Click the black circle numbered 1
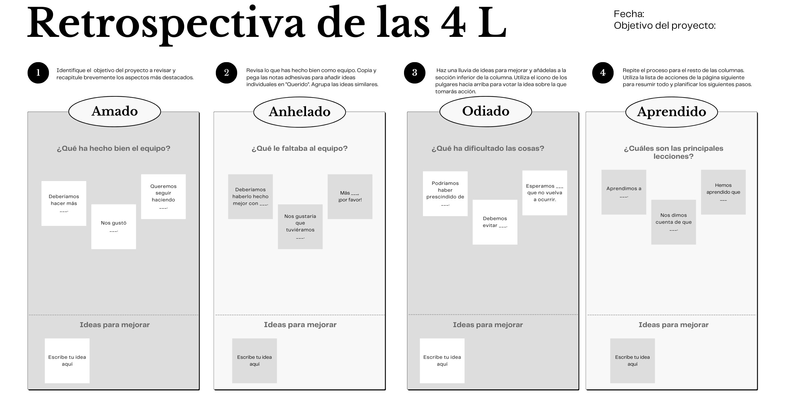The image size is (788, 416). tap(38, 73)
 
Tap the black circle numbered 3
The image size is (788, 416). tap(414, 73)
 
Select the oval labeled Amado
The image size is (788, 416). tap(115, 111)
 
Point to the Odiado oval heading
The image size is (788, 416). tap(486, 111)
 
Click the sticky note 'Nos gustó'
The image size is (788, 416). tap(113, 227)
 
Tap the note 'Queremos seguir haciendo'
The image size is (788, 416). tap(163, 197)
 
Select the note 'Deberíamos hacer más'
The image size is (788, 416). tap(64, 203)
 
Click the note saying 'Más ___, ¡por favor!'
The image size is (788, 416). tap(350, 197)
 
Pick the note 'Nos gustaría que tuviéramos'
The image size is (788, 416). tap(300, 227)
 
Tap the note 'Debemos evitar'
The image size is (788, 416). tap(495, 222)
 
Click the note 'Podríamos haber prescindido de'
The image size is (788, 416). tap(445, 194)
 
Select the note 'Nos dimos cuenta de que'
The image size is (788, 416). tap(673, 222)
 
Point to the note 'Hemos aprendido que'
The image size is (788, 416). tap(723, 192)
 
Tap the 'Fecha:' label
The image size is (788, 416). tap(629, 14)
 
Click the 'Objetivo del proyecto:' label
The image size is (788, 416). tap(665, 25)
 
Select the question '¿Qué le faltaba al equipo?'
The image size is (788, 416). tap(299, 148)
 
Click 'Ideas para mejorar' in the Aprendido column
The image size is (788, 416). tap(673, 325)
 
